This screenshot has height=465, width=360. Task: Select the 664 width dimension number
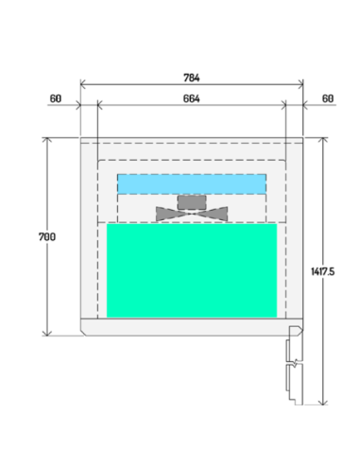[x=192, y=97]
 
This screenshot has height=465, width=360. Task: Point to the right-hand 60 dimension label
[x=328, y=97]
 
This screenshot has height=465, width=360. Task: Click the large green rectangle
[x=192, y=269]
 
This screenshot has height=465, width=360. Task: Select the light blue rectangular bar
[x=191, y=183]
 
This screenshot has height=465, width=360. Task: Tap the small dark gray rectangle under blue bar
[x=192, y=201]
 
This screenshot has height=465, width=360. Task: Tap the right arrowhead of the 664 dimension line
[x=283, y=106]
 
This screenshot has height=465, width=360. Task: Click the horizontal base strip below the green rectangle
[x=184, y=327]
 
